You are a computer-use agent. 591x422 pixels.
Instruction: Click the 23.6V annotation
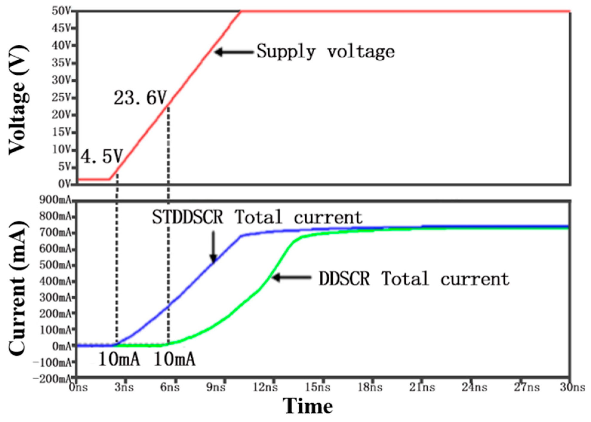coord(140,98)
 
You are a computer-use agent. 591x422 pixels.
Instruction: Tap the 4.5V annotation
coord(102,156)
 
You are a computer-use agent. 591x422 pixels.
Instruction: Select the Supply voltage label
coord(326,52)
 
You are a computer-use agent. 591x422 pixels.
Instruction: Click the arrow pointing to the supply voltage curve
coord(234,52)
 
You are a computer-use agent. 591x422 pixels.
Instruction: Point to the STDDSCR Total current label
coord(257,217)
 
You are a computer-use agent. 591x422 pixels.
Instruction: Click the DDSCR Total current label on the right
coord(414,279)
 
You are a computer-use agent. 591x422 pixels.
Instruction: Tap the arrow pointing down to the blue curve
coord(213,247)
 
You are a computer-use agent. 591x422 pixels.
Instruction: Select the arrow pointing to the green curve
coord(292,278)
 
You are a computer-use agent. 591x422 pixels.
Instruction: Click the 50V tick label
coord(61,11)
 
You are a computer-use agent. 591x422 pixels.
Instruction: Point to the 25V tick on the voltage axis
coord(61,98)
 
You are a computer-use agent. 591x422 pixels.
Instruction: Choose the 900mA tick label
coord(55,200)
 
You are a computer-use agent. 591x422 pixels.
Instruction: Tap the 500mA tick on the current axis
coord(55,265)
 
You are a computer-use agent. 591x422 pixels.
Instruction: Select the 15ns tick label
coord(318,387)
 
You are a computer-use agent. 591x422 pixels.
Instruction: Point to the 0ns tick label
coord(78,387)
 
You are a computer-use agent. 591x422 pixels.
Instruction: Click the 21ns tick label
coord(422,387)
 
